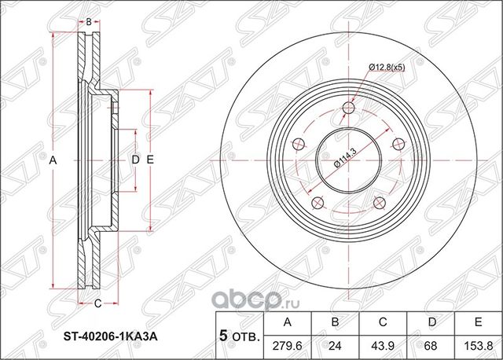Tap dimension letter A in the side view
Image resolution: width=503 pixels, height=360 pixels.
pos(53,160)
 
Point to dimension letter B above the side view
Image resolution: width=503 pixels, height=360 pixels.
pos(89,21)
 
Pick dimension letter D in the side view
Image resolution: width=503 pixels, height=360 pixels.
pos(135,160)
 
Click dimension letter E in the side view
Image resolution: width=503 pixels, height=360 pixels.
pos(149,160)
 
